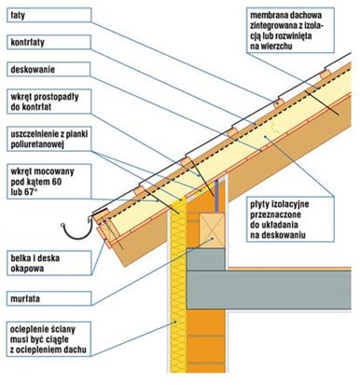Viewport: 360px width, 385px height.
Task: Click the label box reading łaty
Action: point(48,15)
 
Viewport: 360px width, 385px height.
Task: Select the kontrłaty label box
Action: point(48,42)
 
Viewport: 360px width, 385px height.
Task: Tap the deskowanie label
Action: point(48,69)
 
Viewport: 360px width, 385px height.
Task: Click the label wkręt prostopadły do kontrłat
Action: point(48,102)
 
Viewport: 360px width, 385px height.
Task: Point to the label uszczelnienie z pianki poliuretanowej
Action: point(49,139)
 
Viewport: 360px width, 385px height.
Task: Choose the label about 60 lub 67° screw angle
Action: point(48,182)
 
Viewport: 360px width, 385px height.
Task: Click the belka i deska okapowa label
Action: point(48,263)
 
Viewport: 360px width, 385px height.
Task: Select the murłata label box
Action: point(48,298)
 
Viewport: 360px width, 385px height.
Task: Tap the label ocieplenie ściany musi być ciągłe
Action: point(48,339)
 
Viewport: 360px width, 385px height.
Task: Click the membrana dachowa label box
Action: point(290,31)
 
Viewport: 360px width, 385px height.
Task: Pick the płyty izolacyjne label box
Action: point(290,219)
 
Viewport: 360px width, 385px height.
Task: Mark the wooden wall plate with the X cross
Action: point(212,230)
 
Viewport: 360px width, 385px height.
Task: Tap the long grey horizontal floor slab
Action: point(269,290)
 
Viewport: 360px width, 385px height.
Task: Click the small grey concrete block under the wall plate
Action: point(205,259)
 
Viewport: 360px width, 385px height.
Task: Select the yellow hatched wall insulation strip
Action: point(178,286)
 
